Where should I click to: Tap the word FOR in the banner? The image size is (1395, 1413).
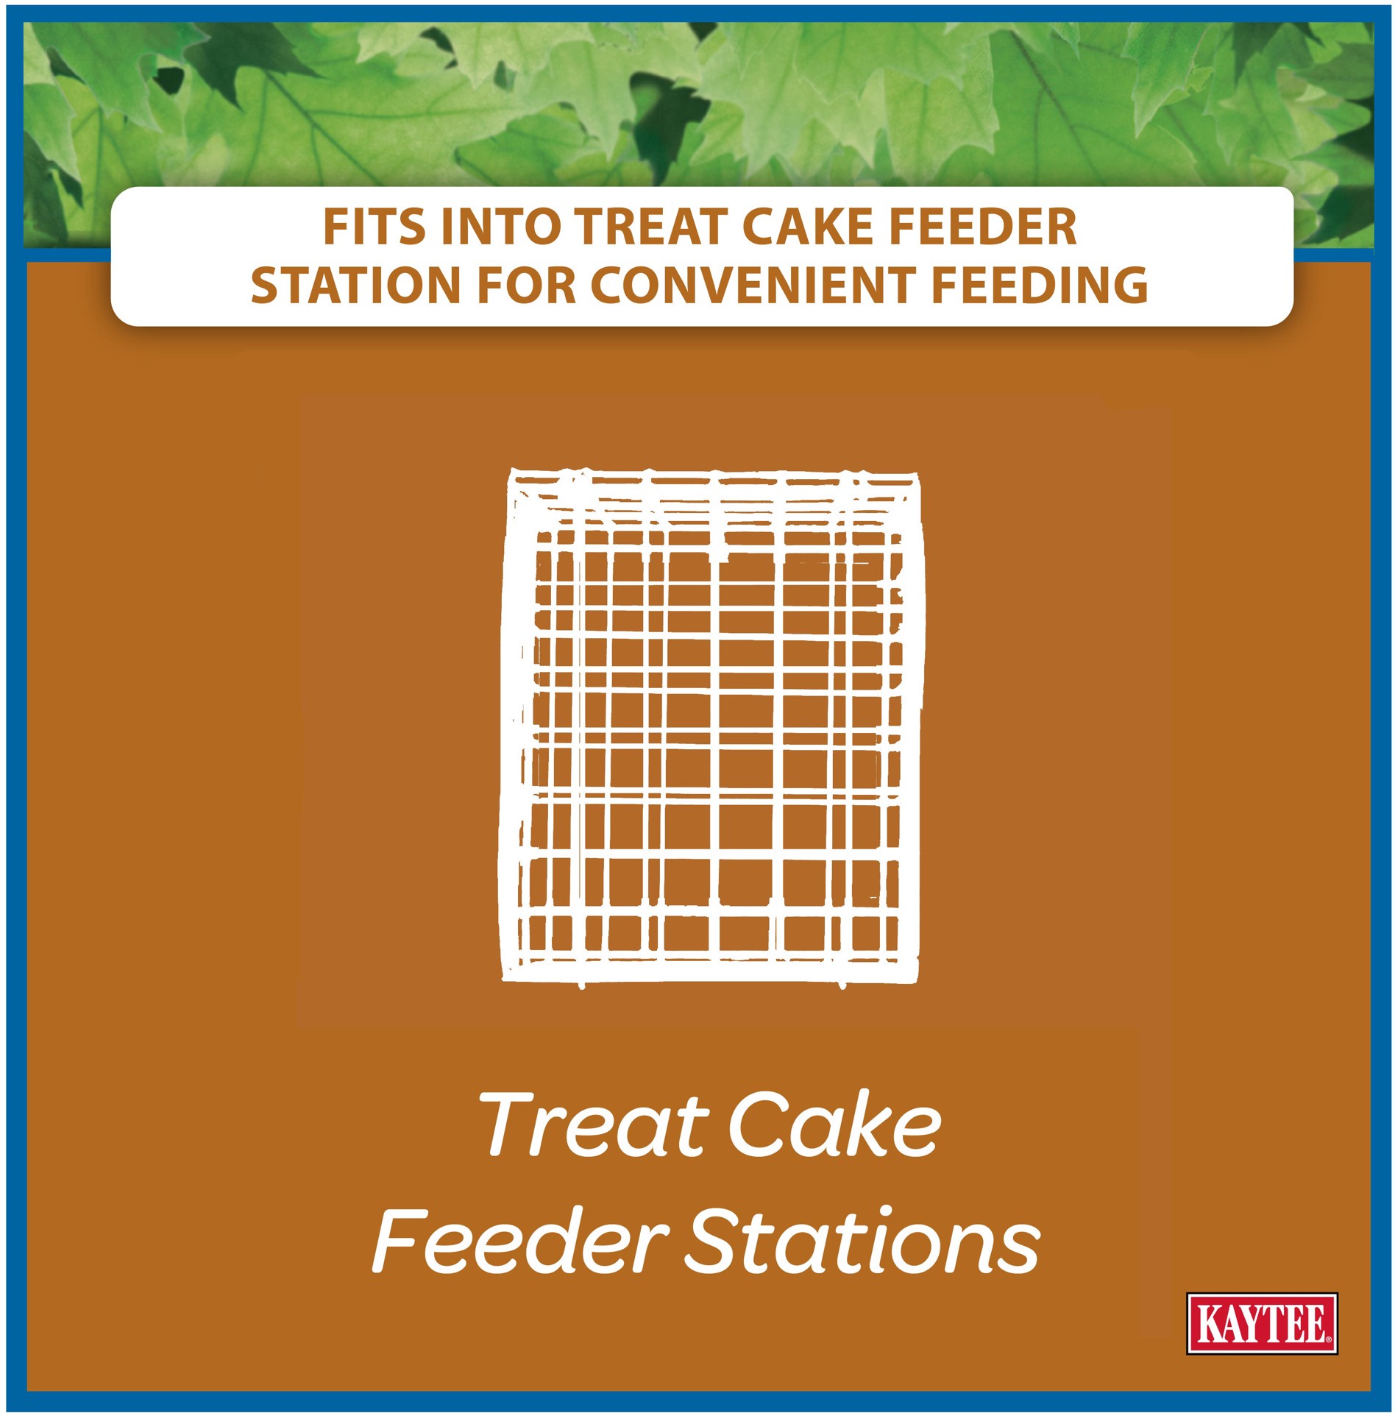(x=526, y=286)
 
